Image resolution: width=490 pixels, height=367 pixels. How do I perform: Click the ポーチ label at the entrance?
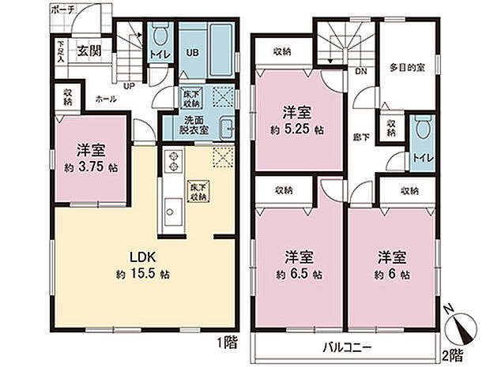[x=61, y=9]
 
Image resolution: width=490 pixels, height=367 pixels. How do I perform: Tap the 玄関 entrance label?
[x=88, y=51]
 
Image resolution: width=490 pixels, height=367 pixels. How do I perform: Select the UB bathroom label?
[x=191, y=54]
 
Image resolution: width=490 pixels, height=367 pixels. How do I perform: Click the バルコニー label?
[x=346, y=347]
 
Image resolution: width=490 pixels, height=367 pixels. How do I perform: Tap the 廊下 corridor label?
[x=358, y=135]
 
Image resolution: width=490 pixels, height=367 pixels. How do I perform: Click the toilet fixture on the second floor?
[x=420, y=128]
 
